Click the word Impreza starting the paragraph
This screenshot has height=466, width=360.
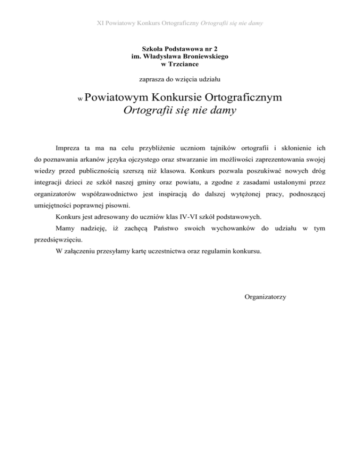(68, 141)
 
